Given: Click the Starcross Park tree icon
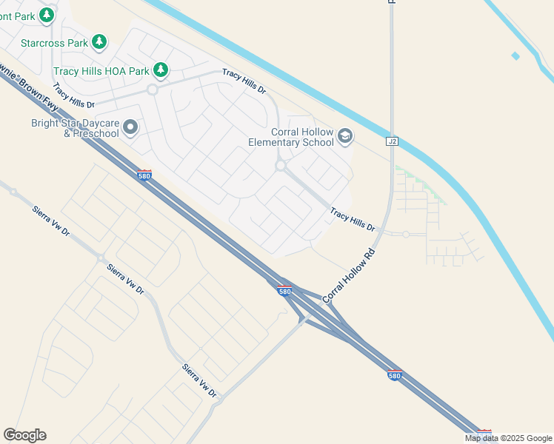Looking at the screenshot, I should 99,42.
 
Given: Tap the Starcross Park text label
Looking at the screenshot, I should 55,43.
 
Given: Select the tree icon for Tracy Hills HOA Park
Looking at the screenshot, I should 161,71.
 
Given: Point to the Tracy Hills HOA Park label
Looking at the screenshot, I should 101,72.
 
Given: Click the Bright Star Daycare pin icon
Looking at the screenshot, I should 130,129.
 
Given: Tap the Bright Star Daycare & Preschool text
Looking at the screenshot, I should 75,129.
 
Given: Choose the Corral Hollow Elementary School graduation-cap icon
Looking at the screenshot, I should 344,136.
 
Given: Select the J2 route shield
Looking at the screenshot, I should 392,141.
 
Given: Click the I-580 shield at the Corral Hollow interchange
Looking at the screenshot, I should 285,291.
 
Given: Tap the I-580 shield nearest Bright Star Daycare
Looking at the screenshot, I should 144,175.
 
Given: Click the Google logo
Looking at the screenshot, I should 24,435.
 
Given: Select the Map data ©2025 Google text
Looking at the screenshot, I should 509,438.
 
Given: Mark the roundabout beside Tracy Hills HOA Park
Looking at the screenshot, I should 153,90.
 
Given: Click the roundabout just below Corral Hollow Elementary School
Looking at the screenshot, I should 281,166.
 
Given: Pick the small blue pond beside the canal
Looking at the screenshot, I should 515,55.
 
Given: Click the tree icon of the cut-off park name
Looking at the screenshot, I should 47,14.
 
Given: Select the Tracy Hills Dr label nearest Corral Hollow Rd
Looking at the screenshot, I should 353,219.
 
